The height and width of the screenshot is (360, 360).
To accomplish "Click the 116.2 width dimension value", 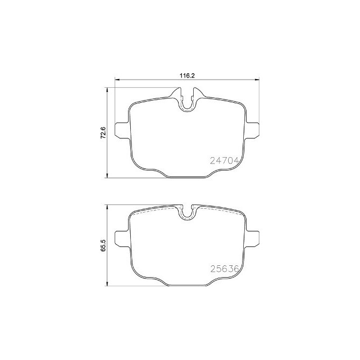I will [186, 76].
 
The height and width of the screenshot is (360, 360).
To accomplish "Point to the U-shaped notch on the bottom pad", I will [187, 213].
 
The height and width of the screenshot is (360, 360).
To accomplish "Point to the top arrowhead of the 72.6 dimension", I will [109, 90].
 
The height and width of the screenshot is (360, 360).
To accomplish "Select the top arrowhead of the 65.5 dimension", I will [109, 206].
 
